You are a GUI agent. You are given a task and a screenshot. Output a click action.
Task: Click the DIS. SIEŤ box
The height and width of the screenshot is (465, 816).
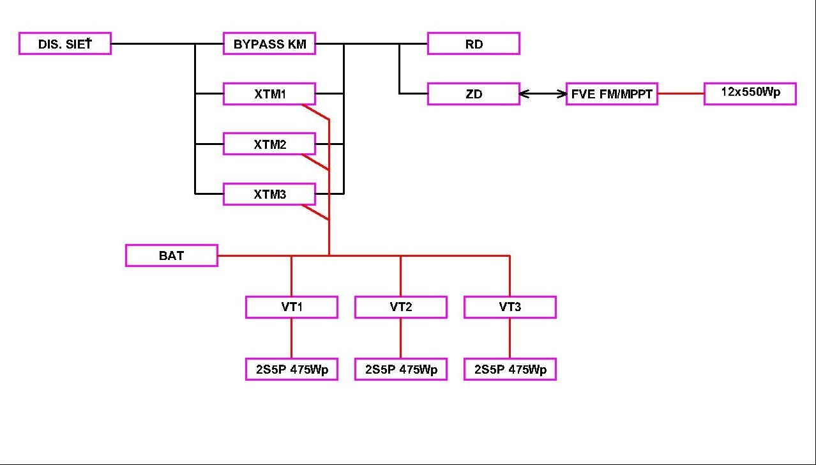65,43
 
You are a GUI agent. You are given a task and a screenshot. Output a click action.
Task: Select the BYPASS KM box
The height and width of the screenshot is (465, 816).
269,43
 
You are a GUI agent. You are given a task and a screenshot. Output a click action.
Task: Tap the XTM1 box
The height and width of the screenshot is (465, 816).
269,94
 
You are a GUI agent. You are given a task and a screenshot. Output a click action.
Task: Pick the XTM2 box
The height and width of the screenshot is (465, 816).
269,144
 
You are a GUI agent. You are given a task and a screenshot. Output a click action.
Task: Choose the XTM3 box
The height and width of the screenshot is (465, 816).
269,194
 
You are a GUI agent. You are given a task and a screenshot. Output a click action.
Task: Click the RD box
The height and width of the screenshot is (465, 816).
474,43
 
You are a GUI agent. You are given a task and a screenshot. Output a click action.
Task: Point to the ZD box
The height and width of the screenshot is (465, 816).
474,94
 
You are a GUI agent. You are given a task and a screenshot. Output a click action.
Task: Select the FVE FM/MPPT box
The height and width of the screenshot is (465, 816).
612,94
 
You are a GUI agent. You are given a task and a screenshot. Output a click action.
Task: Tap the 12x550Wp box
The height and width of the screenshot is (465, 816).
750,93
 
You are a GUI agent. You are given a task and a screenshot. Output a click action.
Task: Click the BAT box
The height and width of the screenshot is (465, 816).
171,255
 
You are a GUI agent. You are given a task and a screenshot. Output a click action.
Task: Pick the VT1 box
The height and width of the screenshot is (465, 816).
292,307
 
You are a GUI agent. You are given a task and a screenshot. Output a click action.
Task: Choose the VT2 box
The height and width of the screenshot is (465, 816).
401,307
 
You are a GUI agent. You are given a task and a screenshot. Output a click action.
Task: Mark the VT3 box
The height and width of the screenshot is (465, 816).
510,307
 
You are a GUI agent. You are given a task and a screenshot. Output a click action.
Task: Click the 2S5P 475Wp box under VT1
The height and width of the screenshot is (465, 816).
292,369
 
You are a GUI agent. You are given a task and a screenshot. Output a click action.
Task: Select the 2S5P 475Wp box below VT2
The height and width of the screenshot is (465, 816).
401,369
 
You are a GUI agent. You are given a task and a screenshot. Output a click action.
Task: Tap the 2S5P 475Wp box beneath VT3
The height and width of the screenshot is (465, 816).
510,369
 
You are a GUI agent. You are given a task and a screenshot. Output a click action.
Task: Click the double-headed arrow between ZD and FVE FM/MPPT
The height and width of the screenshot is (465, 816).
543,94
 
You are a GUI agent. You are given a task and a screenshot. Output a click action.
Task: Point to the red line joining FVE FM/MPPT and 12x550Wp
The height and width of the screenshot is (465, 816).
681,94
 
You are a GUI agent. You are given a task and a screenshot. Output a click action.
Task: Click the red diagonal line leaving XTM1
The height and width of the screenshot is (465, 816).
315,112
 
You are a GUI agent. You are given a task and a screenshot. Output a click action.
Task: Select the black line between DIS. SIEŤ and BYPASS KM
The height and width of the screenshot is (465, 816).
153,43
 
